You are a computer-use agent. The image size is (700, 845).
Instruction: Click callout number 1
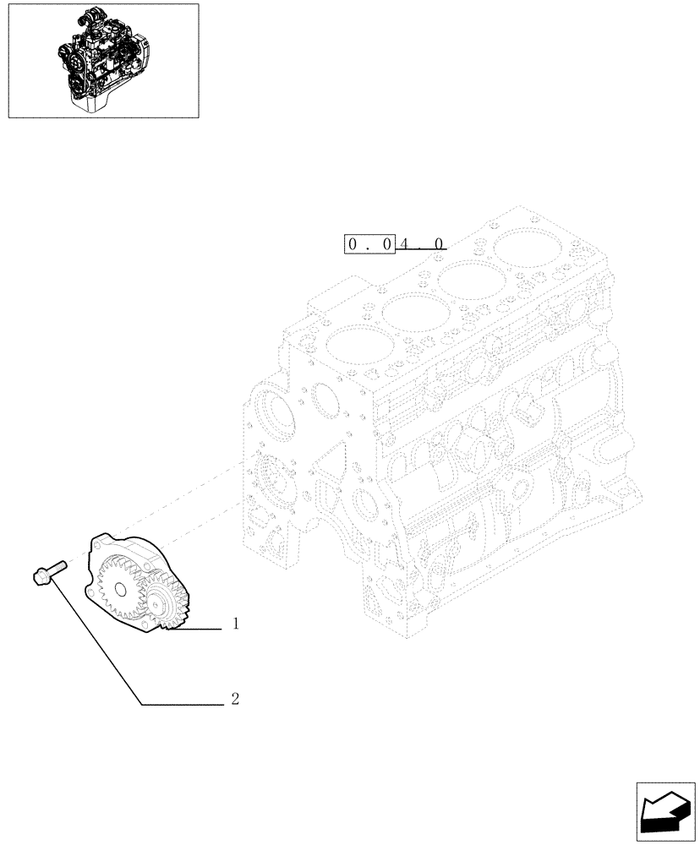[236, 624]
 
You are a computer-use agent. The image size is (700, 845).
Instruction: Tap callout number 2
[235, 700]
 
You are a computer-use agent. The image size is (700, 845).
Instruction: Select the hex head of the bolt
[41, 578]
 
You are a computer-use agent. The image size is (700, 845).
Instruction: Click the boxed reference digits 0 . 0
[368, 244]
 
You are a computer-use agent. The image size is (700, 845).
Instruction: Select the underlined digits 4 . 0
[420, 244]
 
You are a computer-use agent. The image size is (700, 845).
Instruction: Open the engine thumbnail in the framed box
[102, 60]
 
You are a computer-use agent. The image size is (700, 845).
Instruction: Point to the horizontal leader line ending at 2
[182, 704]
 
